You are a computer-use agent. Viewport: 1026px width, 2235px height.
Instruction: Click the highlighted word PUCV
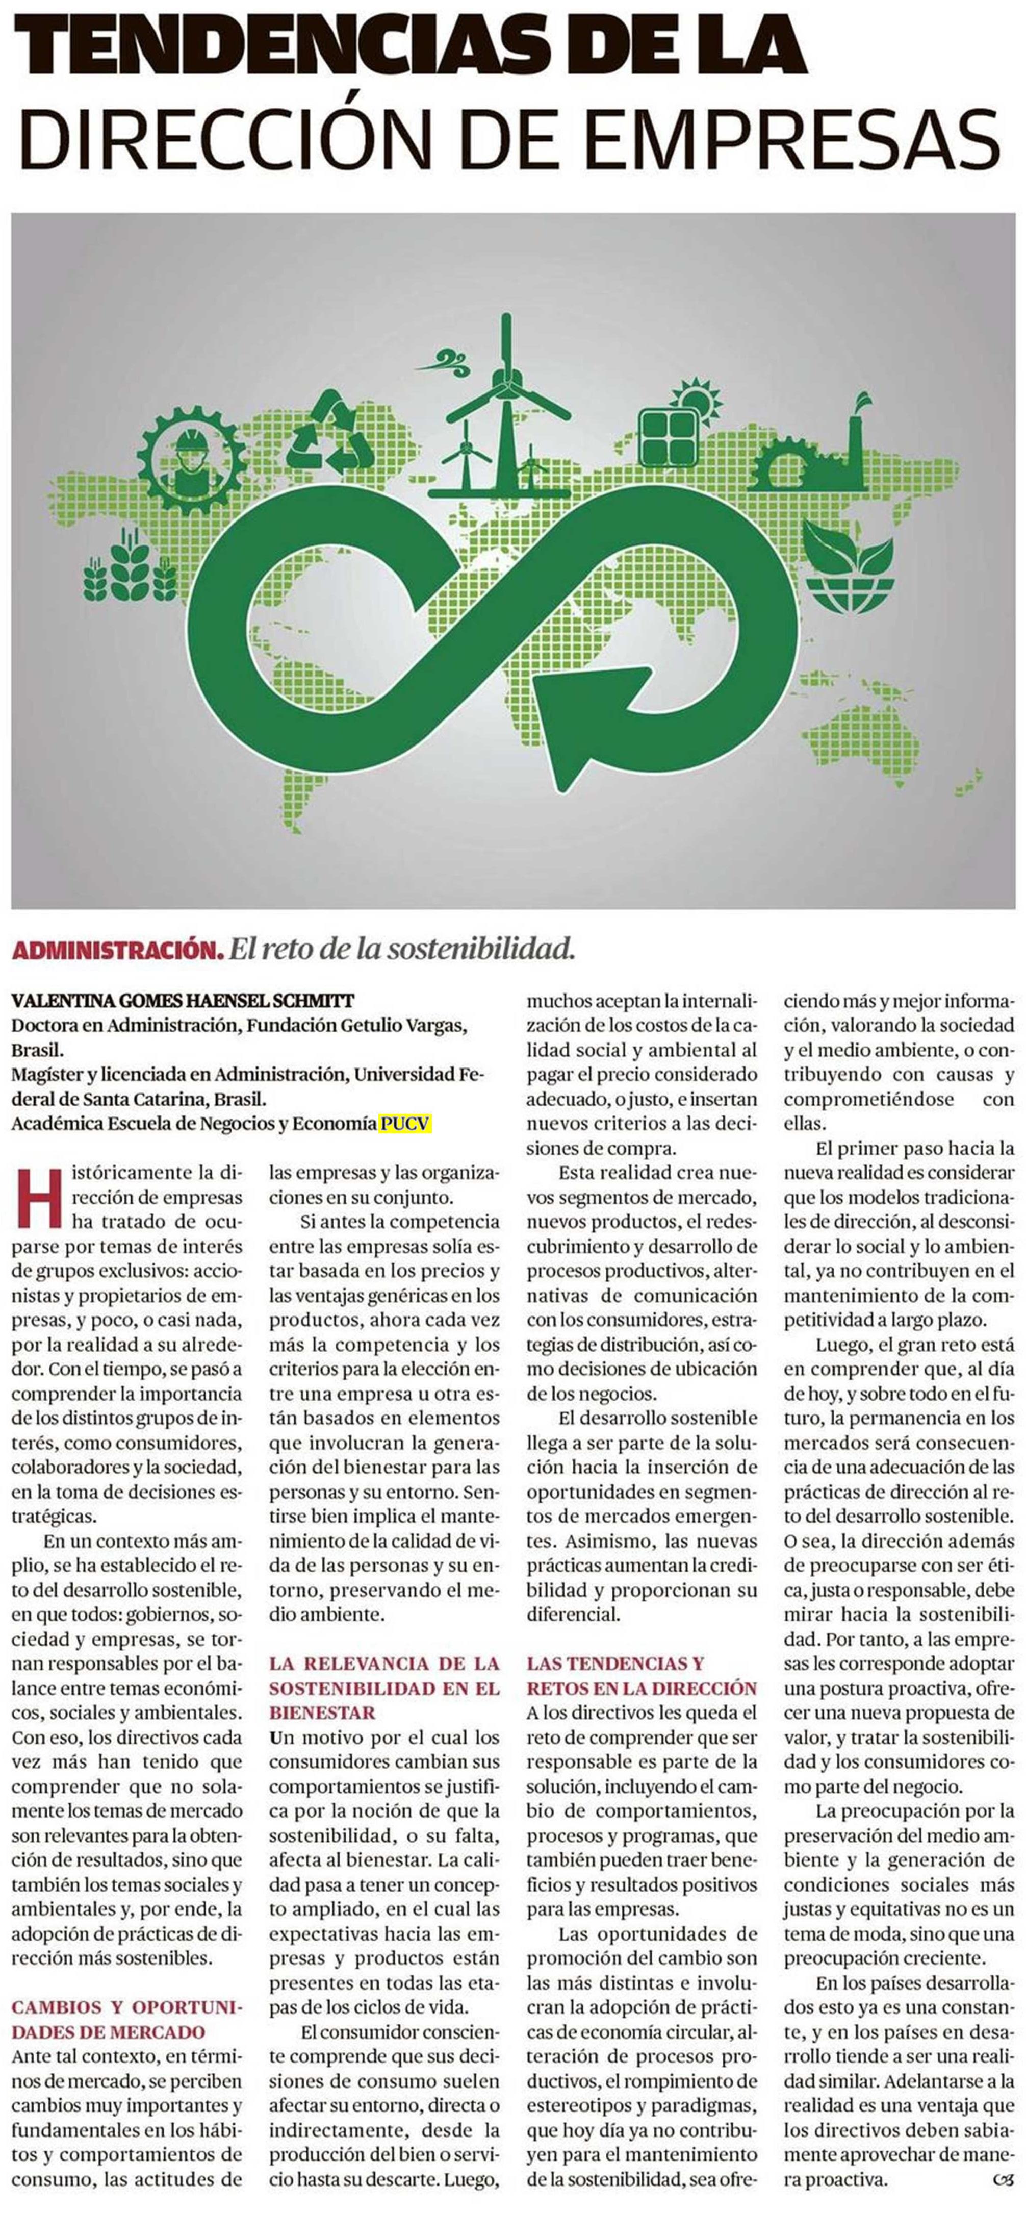(x=404, y=1124)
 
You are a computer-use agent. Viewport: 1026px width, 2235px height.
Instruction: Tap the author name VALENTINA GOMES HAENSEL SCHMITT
(x=183, y=1000)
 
